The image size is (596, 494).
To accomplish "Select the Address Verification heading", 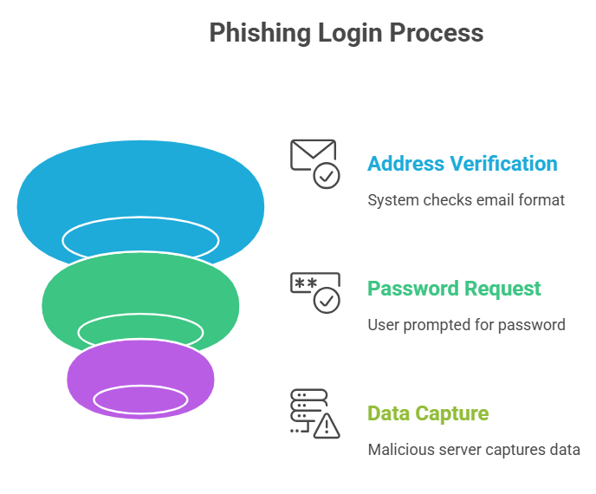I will (462, 164).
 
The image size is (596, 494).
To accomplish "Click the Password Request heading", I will (454, 289).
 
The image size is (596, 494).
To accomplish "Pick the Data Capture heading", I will (428, 413).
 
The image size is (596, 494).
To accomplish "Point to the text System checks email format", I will (465, 200).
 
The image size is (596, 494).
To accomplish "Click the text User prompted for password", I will (466, 325).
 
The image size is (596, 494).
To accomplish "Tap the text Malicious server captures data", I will (473, 450).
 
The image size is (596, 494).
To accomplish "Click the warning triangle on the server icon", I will (327, 426).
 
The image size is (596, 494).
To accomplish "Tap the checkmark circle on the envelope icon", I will (327, 176).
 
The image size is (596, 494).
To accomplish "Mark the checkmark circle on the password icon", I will (327, 300).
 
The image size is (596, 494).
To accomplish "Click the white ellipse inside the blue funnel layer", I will (140, 238).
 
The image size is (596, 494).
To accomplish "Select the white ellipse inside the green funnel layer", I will (140, 330).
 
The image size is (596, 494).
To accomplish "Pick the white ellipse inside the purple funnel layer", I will (140, 399).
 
